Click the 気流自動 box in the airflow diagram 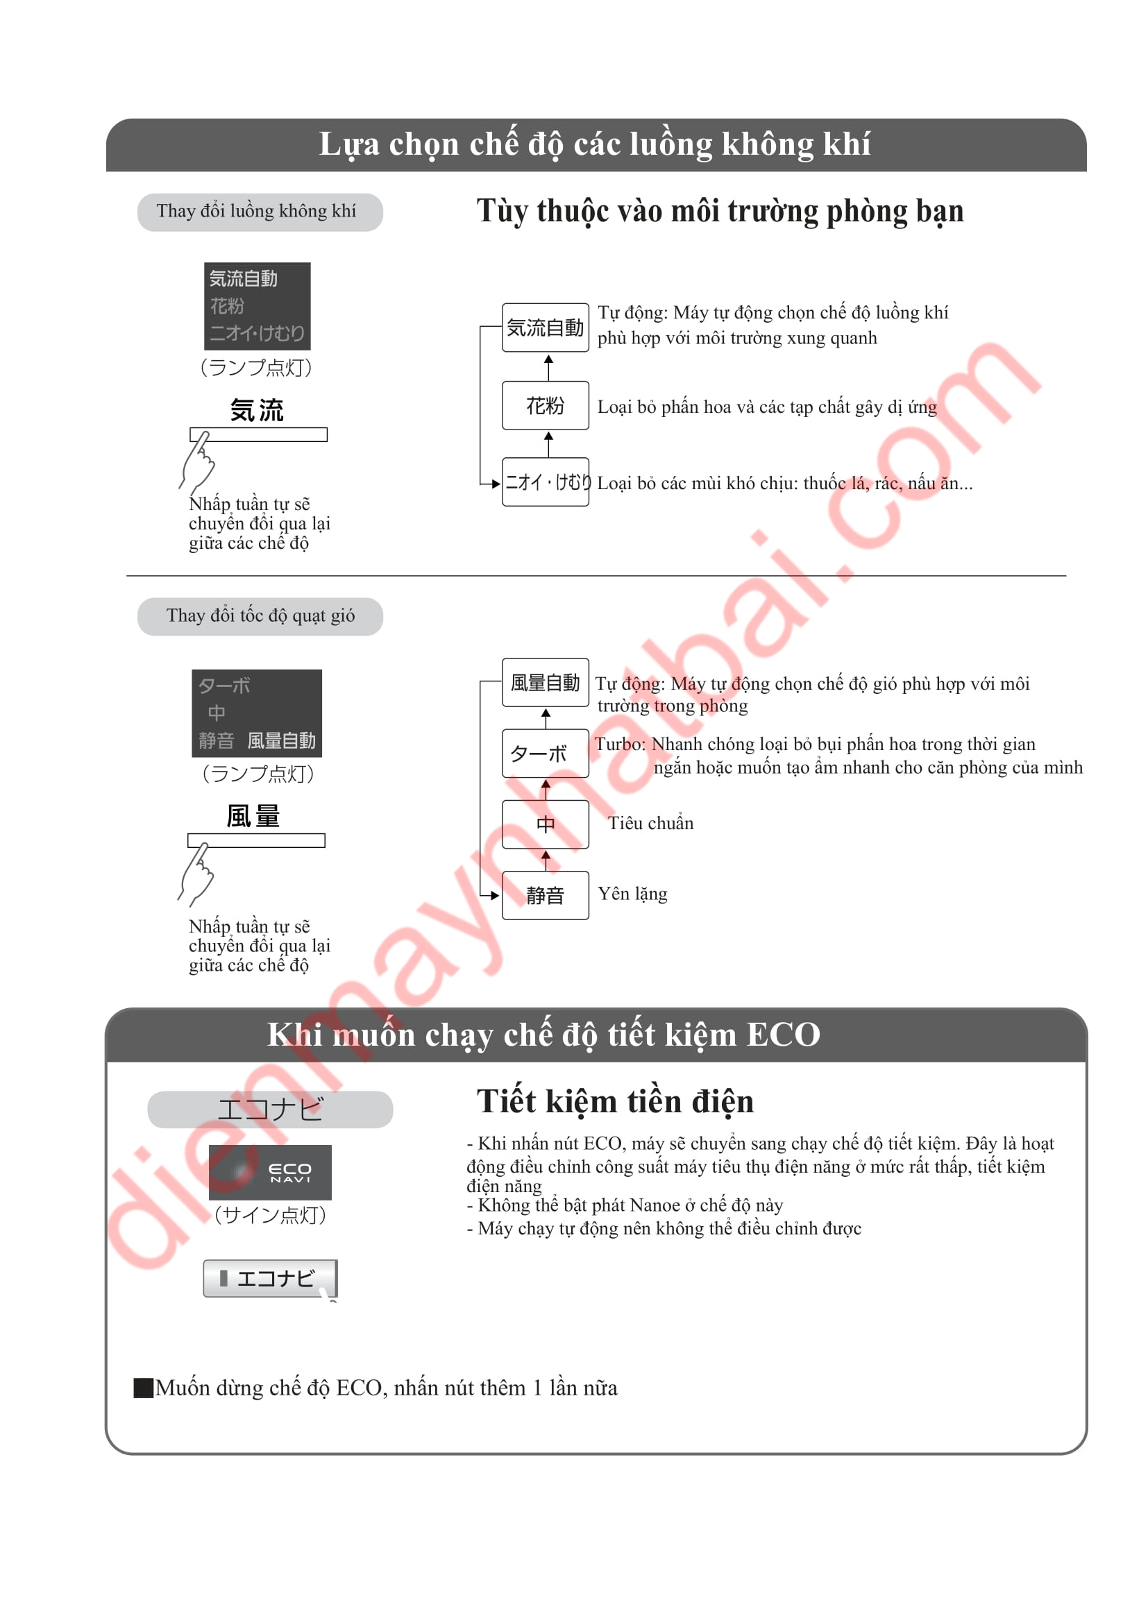(545, 328)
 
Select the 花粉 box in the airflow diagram (545, 405)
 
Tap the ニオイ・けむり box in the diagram (545, 482)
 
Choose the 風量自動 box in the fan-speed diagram (545, 682)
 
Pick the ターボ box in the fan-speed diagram (545, 754)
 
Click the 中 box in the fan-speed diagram (545, 824)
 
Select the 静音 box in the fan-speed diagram (545, 896)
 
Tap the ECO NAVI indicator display (270, 1172)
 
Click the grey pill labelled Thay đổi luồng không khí (260, 212)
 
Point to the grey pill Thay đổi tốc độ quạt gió (260, 616)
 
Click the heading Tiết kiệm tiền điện (615, 1101)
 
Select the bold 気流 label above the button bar (257, 410)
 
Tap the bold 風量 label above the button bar (253, 816)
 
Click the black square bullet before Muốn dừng (144, 1388)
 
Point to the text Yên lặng (633, 894)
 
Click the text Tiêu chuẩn (650, 823)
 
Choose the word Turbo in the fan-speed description (620, 744)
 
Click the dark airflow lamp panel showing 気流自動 (258, 306)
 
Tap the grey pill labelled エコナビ (270, 1109)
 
